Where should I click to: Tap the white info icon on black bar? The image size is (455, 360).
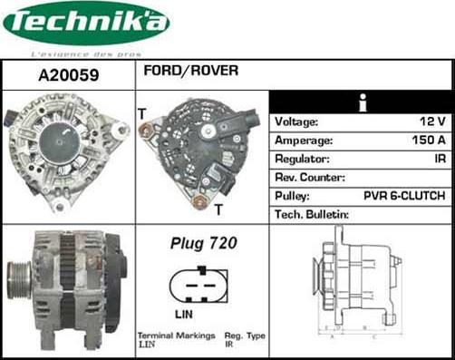[362, 102]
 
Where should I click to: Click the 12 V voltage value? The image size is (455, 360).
[433, 122]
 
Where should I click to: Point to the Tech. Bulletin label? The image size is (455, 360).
[312, 215]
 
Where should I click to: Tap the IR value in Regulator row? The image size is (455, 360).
[438, 159]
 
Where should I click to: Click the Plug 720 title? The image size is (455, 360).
[203, 243]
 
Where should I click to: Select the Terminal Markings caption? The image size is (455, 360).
[171, 336]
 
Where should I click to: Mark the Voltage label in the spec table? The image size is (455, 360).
[296, 122]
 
